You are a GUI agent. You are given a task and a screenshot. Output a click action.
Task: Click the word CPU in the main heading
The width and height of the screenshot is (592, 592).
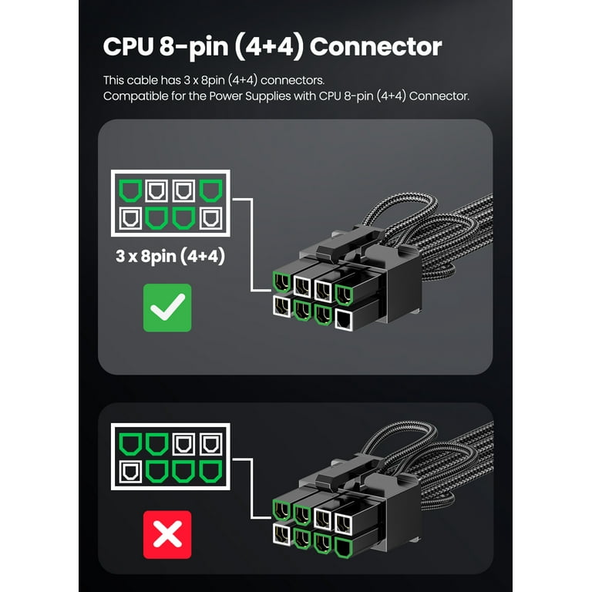(128, 47)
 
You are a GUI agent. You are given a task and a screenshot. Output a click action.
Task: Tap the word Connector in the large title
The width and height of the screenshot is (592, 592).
(375, 47)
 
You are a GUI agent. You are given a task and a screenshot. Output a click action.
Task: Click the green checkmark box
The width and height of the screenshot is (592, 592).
(167, 308)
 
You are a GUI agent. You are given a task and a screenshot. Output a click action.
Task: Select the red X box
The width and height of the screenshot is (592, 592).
(167, 535)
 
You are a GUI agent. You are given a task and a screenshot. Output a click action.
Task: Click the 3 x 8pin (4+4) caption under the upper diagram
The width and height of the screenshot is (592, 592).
(170, 256)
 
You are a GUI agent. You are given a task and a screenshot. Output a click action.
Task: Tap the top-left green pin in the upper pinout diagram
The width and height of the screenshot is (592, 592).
(130, 190)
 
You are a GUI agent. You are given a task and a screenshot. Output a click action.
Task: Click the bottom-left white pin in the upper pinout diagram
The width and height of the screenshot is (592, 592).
(130, 218)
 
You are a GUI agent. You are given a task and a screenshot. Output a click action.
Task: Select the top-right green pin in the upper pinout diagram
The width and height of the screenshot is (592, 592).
(210, 190)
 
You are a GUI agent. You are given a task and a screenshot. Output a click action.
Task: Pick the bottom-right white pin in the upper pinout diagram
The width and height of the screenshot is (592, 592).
(210, 218)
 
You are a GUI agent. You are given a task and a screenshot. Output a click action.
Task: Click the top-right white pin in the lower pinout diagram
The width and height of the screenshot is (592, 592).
(210, 444)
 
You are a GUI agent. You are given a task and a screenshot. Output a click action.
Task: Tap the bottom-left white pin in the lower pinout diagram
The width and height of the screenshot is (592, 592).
(130, 472)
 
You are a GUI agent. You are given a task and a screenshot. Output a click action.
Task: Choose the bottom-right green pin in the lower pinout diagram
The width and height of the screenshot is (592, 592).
(210, 472)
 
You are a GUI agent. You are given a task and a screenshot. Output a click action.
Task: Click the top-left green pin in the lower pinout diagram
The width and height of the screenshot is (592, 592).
(130, 444)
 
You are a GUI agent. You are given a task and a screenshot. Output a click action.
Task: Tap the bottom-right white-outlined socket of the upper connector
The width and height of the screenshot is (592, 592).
(344, 320)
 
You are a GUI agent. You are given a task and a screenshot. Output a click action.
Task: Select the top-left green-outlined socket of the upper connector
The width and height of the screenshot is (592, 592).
(281, 281)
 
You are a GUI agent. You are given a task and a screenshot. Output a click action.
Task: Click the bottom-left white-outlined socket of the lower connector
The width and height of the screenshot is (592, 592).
(281, 534)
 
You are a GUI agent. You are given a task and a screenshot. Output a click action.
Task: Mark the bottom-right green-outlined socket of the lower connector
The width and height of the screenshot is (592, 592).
(344, 548)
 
